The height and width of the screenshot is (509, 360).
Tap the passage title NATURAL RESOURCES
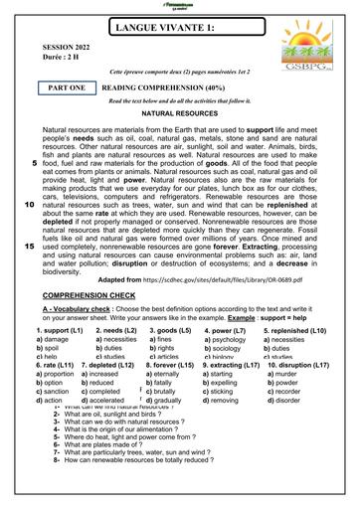pos(180,142)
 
